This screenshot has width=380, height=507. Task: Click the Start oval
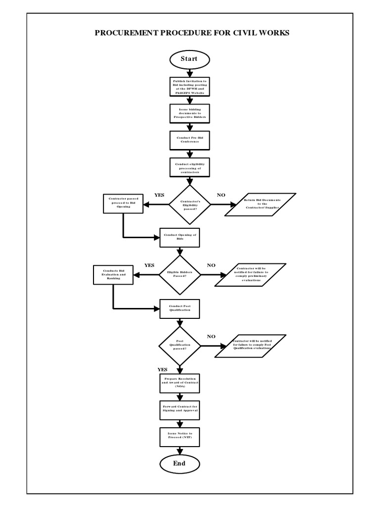[x=189, y=59]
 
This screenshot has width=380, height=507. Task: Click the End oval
[x=179, y=463]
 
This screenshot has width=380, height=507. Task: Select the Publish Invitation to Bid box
[x=190, y=86]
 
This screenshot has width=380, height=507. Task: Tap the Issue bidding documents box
[x=190, y=113]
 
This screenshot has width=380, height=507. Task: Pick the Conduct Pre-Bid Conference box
[x=190, y=140]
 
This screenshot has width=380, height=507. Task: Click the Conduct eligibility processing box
[x=190, y=167]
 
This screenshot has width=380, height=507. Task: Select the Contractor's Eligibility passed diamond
[x=190, y=204]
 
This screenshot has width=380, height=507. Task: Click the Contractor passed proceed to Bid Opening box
[x=123, y=203]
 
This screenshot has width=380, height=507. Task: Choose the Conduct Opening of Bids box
[x=180, y=237]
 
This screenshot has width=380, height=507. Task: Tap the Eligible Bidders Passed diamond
[x=180, y=274]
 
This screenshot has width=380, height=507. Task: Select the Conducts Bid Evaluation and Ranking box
[x=114, y=275]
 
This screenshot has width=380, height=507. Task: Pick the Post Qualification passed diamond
[x=180, y=346]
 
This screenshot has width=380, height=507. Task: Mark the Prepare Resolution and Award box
[x=180, y=383]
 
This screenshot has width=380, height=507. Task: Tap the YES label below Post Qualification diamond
[x=162, y=369]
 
